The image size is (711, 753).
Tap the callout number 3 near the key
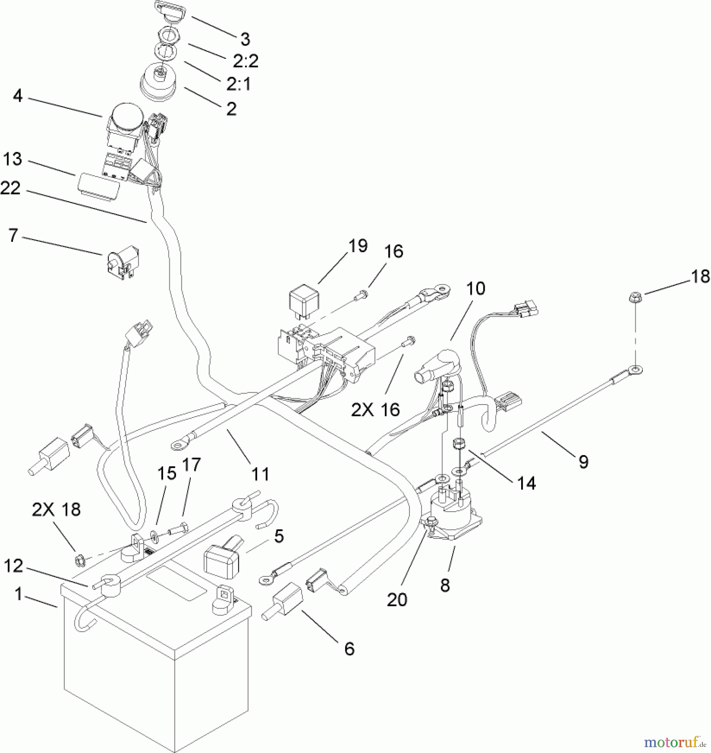[x=246, y=39]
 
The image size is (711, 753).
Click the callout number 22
[x=10, y=188]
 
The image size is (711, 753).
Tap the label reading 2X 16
[x=375, y=410]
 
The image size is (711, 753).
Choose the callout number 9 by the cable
[x=583, y=461]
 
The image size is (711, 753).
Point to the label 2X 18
[x=56, y=510]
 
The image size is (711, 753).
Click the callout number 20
[x=397, y=600]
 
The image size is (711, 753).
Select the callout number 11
[x=260, y=474]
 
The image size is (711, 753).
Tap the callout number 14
[x=527, y=483]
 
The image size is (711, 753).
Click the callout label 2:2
[x=246, y=61]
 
